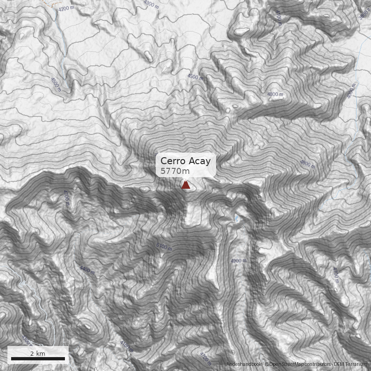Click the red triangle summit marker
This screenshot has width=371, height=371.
[x=185, y=185]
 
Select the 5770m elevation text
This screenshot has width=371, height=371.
[x=175, y=172]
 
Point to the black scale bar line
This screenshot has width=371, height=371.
[x=38, y=359]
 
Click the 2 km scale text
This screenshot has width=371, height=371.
[x=38, y=353]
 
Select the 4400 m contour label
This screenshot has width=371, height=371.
[x=87, y=270]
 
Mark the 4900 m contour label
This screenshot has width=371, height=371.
[x=238, y=261]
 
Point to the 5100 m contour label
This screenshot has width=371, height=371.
[x=164, y=247]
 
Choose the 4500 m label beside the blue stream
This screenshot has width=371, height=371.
[x=56, y=83]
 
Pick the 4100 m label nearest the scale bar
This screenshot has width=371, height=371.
[x=126, y=346]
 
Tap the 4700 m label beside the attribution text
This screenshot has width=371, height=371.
[x=205, y=358]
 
